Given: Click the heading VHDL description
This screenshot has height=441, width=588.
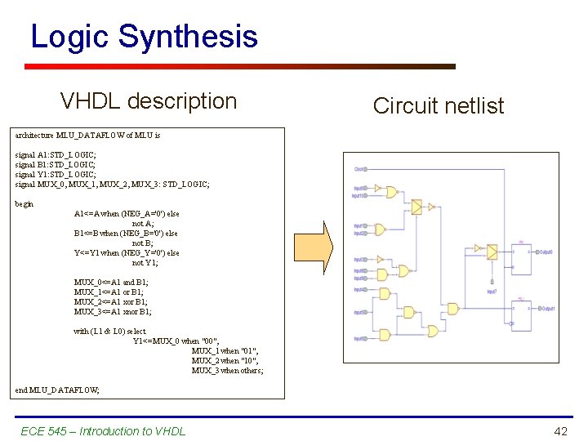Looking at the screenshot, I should (149, 101).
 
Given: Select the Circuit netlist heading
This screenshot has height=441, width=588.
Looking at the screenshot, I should (439, 105).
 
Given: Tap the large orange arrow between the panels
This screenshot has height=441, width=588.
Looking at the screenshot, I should (324, 251).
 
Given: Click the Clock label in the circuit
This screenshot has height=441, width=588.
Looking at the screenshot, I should (359, 169).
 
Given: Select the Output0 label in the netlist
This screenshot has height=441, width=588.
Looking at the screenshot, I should (544, 252).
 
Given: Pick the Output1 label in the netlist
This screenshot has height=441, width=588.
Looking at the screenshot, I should (546, 309).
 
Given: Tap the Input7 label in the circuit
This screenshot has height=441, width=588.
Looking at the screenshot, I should (492, 291).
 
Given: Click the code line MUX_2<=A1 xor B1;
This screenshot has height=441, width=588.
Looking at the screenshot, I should (114, 301).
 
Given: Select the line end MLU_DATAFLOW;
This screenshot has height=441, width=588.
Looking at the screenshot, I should (57, 390).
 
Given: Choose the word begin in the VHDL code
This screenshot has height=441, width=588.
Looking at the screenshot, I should (24, 204).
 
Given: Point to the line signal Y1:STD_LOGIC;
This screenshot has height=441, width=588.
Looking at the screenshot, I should (56, 174).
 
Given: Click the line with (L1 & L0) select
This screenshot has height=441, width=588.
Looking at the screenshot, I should (110, 331).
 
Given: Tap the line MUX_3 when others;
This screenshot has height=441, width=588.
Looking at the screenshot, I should (228, 370).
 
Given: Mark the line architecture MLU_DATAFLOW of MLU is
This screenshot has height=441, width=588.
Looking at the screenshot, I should (87, 135).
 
